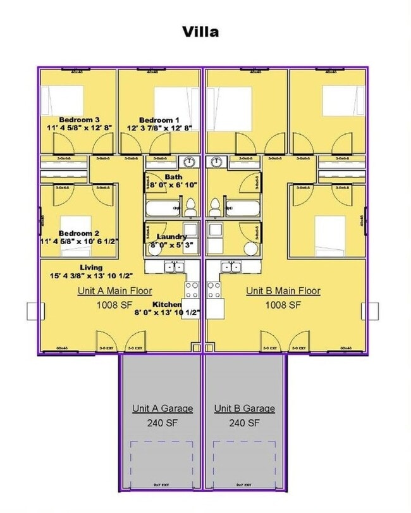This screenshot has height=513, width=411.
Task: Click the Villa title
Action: pos(200,32)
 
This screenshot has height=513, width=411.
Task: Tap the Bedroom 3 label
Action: pos(80,120)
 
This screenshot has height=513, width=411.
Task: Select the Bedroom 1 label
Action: pos(159,120)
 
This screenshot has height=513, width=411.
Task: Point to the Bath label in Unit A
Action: pos(173,176)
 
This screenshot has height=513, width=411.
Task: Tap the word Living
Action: pos(91,268)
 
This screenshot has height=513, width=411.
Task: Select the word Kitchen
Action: pos(167,304)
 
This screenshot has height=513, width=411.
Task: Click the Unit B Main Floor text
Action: pos(283,291)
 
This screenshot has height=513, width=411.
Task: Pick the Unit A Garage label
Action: pos(163,409)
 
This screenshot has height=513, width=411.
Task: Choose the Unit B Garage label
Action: pos(245,409)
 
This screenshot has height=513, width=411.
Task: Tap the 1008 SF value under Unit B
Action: pos(283,305)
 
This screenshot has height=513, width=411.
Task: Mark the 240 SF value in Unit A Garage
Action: pos(163,423)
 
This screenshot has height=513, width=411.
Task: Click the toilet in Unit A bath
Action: pos(189,206)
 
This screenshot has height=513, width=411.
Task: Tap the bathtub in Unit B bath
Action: pos(243,208)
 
